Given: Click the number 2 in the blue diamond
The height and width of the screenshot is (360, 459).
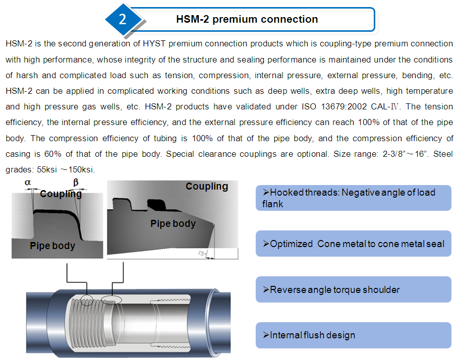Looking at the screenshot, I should pyautogui.click(x=123, y=19).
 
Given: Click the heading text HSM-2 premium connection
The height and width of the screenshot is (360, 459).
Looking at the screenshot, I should pyautogui.click(x=247, y=19).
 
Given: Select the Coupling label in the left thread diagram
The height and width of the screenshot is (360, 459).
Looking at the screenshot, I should pyautogui.click(x=61, y=194).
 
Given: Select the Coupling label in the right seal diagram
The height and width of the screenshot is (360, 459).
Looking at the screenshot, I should pyautogui.click(x=207, y=186).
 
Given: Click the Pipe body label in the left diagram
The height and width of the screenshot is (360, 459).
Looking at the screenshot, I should pyautogui.click(x=52, y=246).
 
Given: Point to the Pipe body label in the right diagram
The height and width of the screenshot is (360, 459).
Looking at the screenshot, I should pyautogui.click(x=173, y=223).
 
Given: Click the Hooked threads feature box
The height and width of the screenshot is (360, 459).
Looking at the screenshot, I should pyautogui.click(x=353, y=198).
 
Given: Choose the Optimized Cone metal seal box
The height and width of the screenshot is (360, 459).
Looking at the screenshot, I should pyautogui.click(x=353, y=244).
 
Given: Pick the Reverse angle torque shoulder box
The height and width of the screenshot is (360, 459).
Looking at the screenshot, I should pyautogui.click(x=353, y=289).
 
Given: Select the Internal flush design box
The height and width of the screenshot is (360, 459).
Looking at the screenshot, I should pyautogui.click(x=353, y=335).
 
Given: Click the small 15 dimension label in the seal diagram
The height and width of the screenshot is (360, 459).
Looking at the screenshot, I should pyautogui.click(x=201, y=252).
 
